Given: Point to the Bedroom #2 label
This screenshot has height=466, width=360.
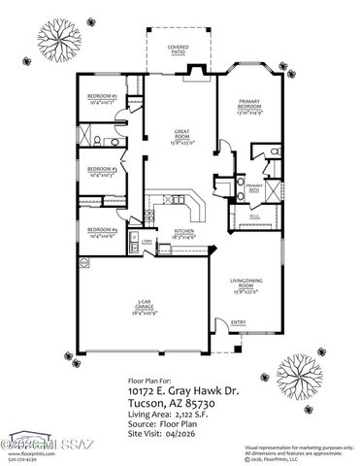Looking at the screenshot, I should point(102,98).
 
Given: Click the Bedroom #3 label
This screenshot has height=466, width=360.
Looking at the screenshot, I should point(102,172).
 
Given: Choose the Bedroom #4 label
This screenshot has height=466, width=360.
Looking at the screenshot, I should point(102,232).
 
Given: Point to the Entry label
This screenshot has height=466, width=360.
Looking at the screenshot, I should point(237,323).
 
